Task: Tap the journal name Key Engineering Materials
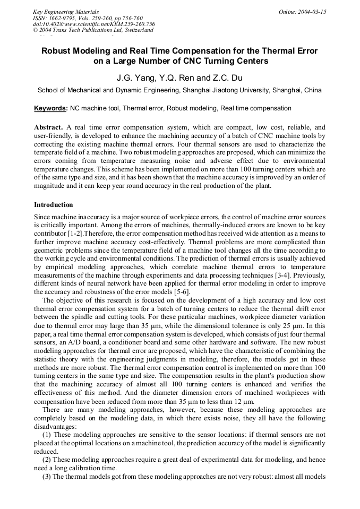[65, 11]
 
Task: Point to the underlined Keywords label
[50, 108]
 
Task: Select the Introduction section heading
[53, 205]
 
